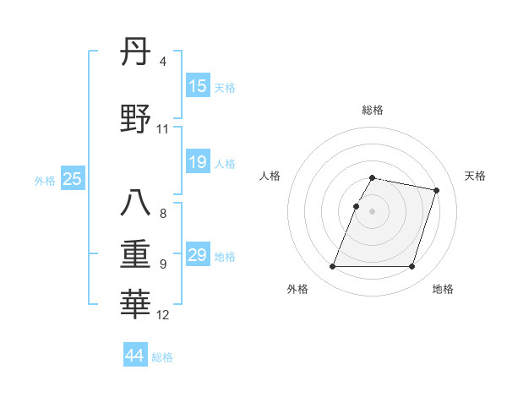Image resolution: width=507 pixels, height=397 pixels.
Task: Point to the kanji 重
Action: coord(136,253)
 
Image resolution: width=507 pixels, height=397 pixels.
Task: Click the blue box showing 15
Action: coord(198,86)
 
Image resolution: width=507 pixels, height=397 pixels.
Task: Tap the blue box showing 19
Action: coord(198,162)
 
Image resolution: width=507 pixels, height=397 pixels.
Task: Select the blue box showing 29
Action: coord(198,255)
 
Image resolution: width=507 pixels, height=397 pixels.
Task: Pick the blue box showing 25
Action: coord(72,179)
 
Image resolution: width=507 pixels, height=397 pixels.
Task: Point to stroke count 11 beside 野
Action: coord(163,129)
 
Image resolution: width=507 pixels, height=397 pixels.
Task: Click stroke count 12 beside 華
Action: coord(163,315)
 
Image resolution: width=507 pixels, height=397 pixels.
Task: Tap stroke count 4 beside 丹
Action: coord(162,62)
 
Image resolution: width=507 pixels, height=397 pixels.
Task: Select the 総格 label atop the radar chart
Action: coord(373,110)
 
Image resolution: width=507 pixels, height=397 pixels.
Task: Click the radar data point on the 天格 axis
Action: coord(436,191)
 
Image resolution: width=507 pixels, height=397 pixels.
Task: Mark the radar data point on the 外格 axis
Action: coord(333,267)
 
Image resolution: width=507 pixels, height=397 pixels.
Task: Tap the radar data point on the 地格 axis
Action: coord(412,267)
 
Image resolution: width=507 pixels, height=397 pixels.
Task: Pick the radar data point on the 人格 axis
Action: coord(357,206)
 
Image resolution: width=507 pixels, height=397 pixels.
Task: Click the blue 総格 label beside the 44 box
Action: coord(162,357)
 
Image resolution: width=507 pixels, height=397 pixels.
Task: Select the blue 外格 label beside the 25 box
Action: coord(45,180)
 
